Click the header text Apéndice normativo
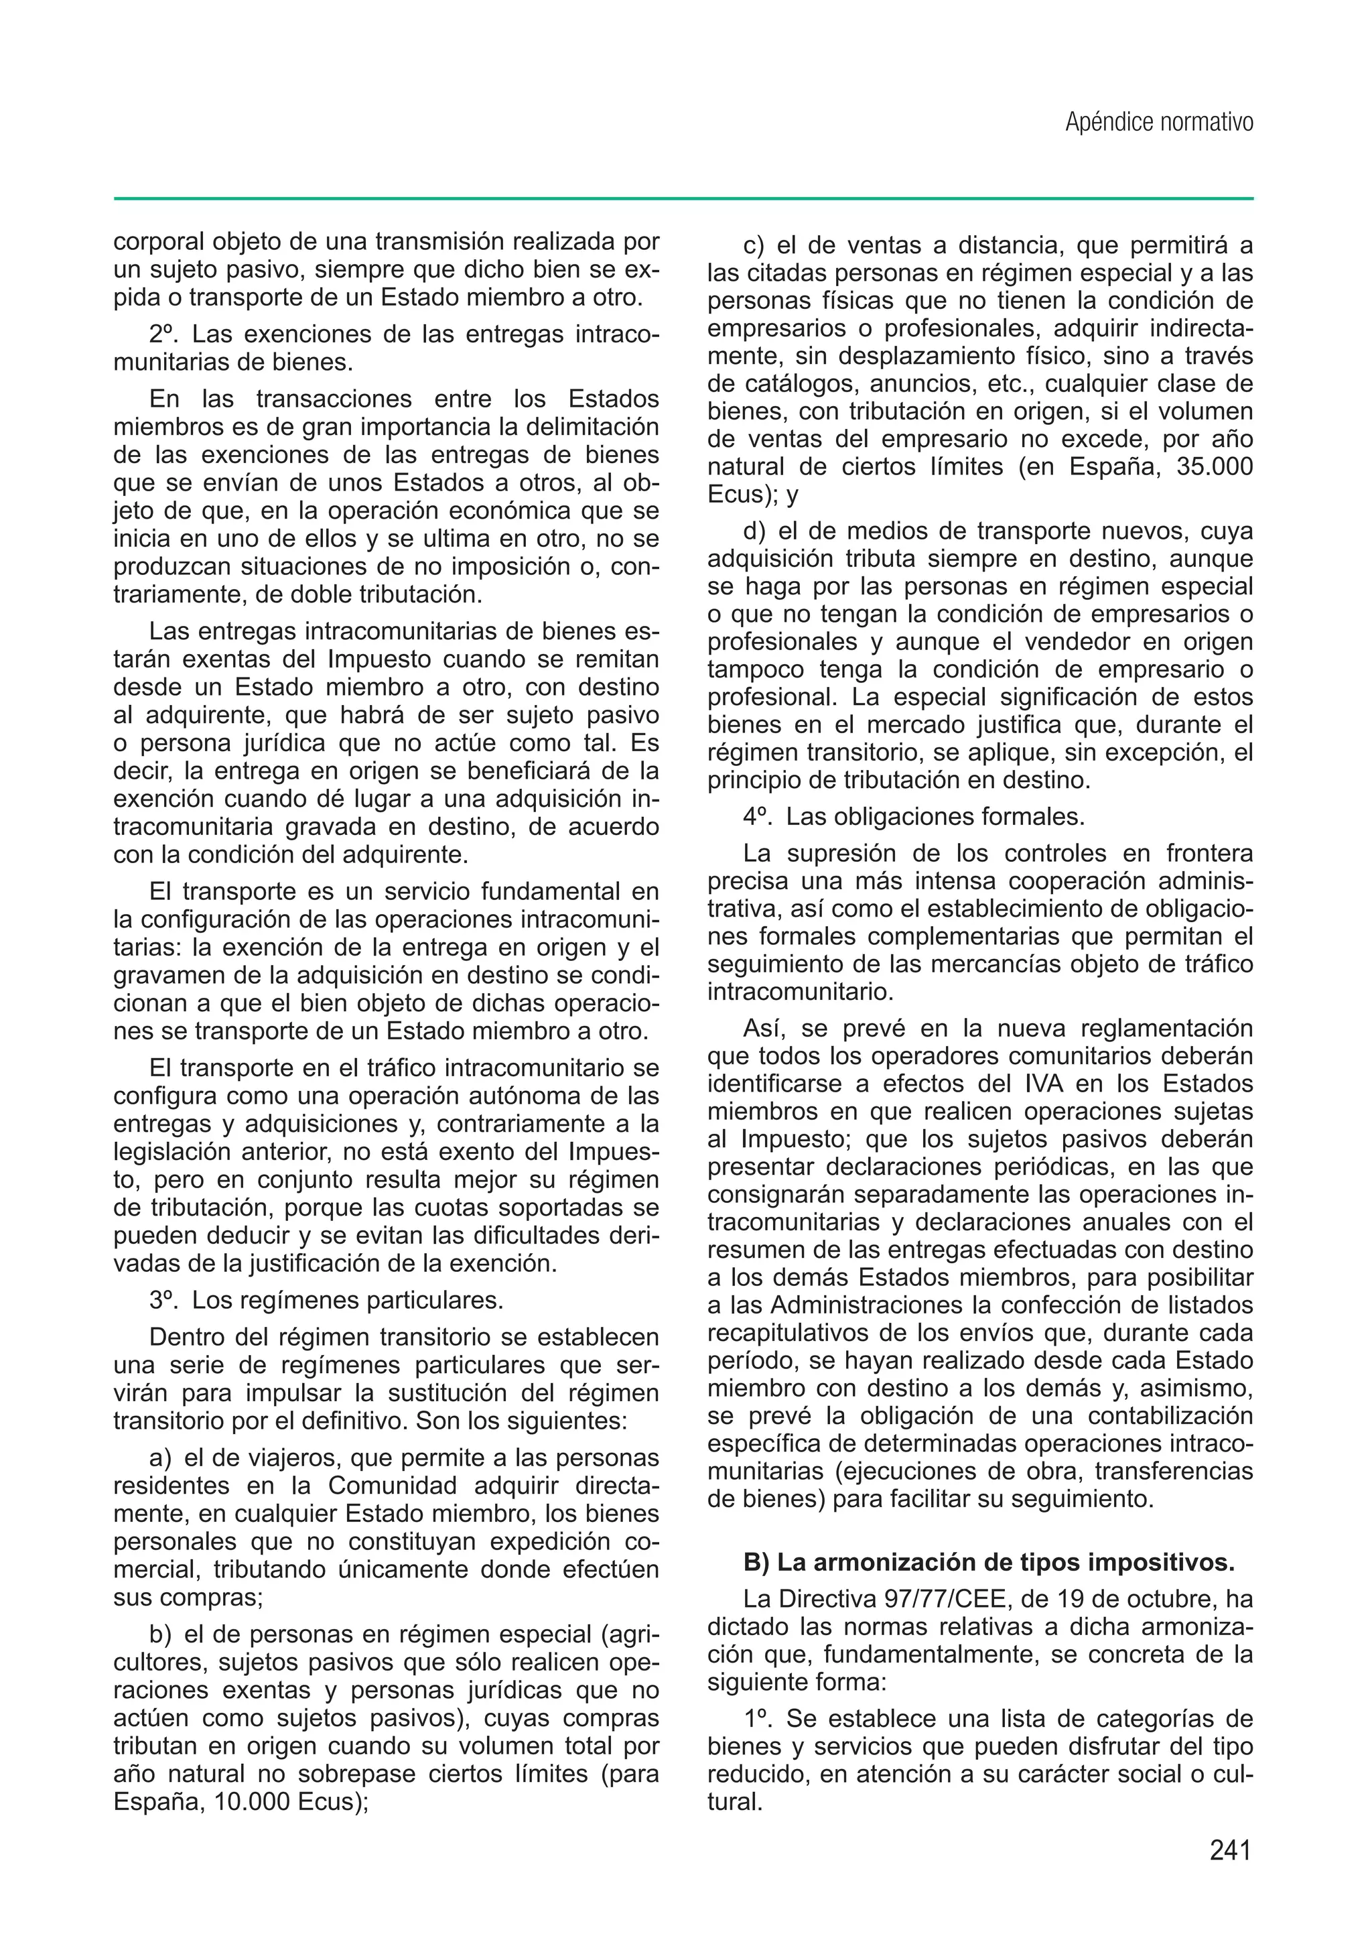click(1158, 123)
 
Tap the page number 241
click(1229, 1851)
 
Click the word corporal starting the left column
click(158, 242)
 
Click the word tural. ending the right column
click(734, 1803)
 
